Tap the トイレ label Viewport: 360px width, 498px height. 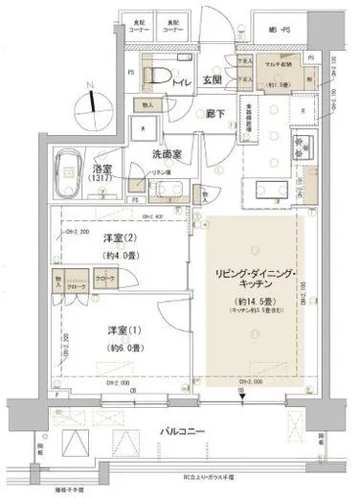pos(181,82)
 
